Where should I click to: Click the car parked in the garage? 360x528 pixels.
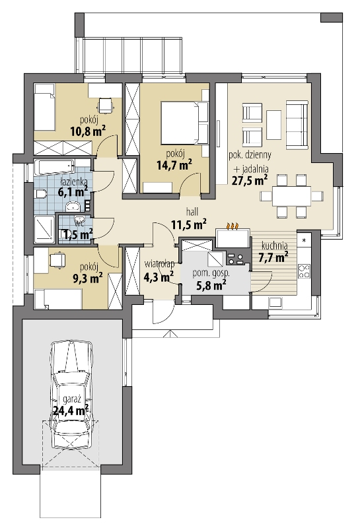[71, 395]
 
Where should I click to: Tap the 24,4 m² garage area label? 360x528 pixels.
[71, 411]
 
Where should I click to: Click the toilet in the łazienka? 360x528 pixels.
[40, 194]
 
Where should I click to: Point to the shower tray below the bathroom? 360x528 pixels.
[44, 229]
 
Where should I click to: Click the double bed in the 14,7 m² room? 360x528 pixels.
[184, 123]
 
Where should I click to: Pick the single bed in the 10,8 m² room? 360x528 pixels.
[44, 108]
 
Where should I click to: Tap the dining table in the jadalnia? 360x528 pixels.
[291, 196]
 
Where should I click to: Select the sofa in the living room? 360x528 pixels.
[297, 125]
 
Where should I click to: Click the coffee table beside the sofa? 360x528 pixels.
[273, 125]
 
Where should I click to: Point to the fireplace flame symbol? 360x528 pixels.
[233, 226]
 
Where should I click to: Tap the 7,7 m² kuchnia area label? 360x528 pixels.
[273, 257]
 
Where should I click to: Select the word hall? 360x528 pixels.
[192, 212]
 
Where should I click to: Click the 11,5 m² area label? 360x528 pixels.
[189, 224]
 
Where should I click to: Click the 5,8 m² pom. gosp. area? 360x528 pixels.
[211, 285]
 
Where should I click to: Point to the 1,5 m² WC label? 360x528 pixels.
[76, 234]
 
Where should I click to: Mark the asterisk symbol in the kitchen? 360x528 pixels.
[304, 240]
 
